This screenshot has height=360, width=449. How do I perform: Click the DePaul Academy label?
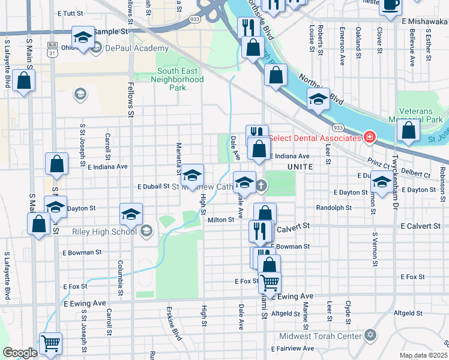(x=137, y=48)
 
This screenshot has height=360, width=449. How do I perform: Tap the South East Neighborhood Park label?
(x=180, y=79)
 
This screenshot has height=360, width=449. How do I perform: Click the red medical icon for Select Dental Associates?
(x=370, y=138)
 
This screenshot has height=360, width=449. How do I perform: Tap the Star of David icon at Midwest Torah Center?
(x=370, y=334)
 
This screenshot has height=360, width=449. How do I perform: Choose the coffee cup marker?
(x=390, y=4)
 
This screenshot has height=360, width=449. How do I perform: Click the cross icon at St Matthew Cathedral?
(x=261, y=185)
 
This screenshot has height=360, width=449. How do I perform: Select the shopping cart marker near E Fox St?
(x=270, y=282)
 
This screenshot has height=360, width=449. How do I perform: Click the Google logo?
(x=19, y=353)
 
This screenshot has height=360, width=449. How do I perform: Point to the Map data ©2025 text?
(x=423, y=355)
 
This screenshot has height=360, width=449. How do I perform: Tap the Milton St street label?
(x=220, y=220)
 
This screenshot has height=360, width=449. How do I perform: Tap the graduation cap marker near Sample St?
(x=83, y=38)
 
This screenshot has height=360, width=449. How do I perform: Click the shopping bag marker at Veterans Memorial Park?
(x=408, y=131)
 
